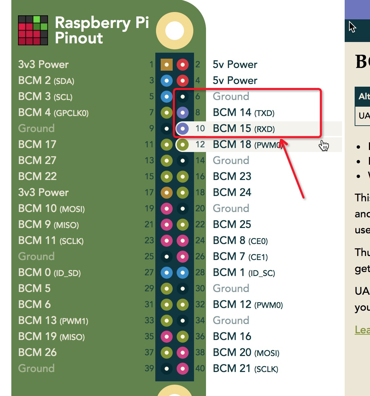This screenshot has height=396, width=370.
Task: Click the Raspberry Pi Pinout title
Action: (x=101, y=30)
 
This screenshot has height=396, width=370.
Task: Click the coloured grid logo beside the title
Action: (x=33, y=30)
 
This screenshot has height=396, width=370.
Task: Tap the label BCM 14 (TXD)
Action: (x=244, y=113)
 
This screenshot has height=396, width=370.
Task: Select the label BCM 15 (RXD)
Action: (x=244, y=129)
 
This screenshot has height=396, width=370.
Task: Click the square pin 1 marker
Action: (x=166, y=65)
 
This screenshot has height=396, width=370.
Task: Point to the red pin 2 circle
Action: (x=182, y=65)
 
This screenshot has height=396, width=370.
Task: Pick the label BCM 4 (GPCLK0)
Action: (x=53, y=113)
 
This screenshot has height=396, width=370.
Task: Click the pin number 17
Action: (x=149, y=193)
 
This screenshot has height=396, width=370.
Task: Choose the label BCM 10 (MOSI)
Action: (x=51, y=209)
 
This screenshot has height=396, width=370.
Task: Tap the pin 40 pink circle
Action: (x=182, y=368)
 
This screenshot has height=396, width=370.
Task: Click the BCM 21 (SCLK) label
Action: (x=245, y=369)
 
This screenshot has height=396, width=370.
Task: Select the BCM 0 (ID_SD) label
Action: (x=49, y=273)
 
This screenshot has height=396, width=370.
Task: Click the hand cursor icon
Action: (x=324, y=145)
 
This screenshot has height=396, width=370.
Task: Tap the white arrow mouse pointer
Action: (x=352, y=27)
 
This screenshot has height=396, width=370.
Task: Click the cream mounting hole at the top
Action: (x=175, y=31)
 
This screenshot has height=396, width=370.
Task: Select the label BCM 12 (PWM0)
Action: (x=248, y=305)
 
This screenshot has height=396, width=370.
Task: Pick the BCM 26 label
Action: (x=37, y=352)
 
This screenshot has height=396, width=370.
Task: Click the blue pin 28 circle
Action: (x=182, y=273)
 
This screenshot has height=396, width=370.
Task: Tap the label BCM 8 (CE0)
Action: (x=240, y=241)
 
